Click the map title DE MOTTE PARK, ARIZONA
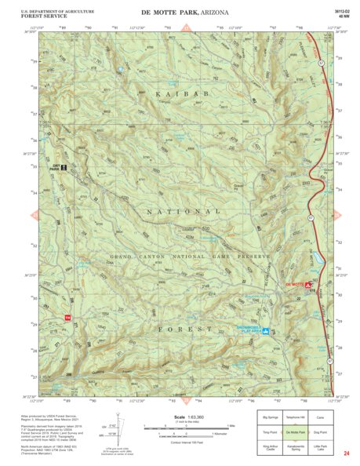[186, 13]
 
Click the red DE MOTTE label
[295, 284]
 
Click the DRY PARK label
[55, 167]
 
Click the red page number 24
[345, 453]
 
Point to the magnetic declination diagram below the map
[115, 427]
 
